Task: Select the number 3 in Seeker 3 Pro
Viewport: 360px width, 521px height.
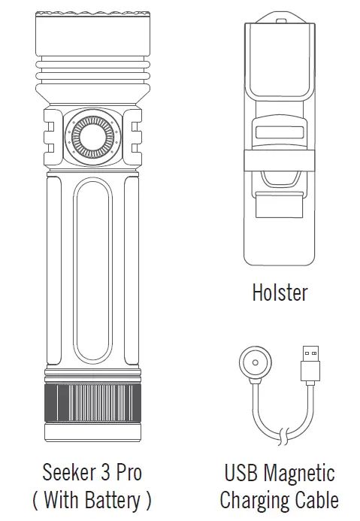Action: (x=110, y=473)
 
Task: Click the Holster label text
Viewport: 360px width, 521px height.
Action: (x=280, y=292)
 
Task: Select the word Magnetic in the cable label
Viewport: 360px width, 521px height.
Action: (x=298, y=473)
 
